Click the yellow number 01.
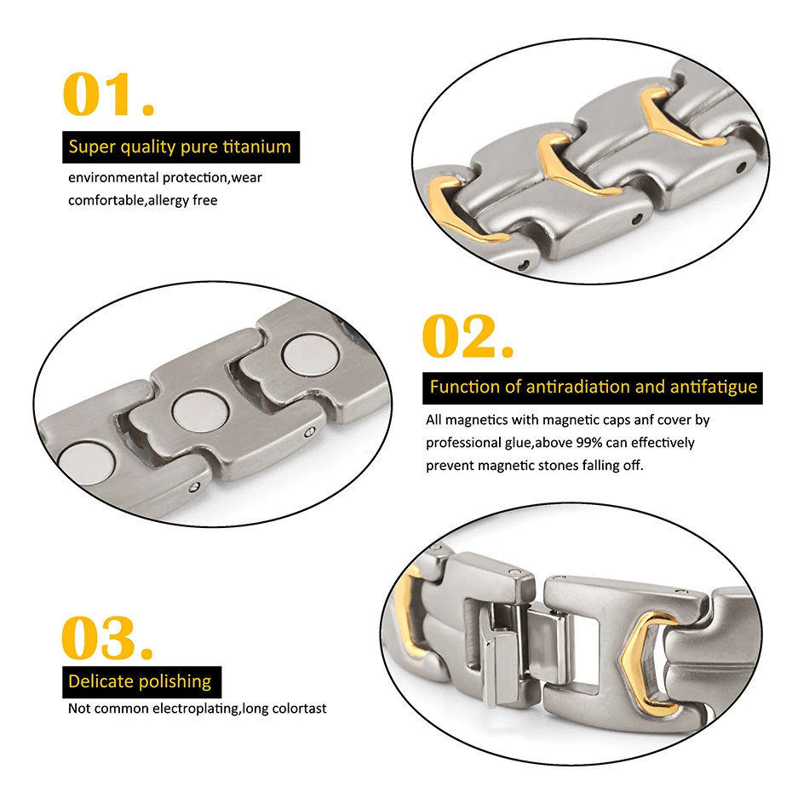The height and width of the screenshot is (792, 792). point(109,95)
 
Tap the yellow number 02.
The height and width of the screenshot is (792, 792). point(468,336)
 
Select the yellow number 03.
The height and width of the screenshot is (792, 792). point(107,638)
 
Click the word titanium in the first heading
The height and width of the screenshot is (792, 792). point(256,146)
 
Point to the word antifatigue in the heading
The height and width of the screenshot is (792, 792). point(713,387)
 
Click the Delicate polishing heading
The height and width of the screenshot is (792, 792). point(140,681)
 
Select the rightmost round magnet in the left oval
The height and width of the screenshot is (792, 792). point(303,355)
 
